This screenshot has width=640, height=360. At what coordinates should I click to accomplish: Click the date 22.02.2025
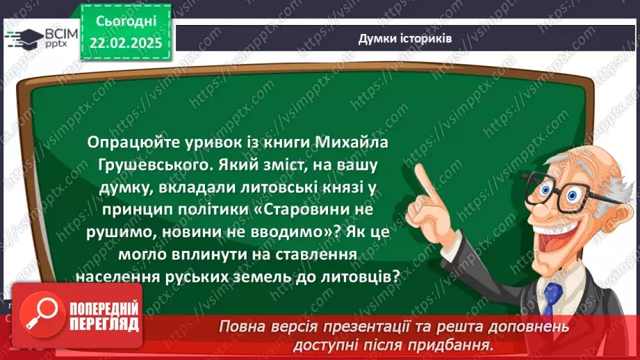click(x=126, y=43)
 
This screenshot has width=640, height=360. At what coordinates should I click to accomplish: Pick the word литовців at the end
click(x=367, y=276)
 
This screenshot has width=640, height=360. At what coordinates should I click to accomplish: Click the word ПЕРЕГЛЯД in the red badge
click(x=104, y=325)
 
